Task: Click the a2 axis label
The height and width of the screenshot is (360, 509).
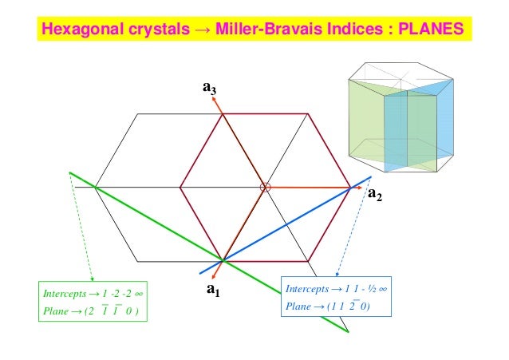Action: pyautogui.click(x=374, y=196)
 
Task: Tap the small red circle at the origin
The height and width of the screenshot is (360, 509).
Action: pyautogui.click(x=266, y=187)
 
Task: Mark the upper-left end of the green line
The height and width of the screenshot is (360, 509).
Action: pyautogui.click(x=71, y=172)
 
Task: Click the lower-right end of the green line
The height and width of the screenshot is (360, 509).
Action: pyautogui.click(x=348, y=331)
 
